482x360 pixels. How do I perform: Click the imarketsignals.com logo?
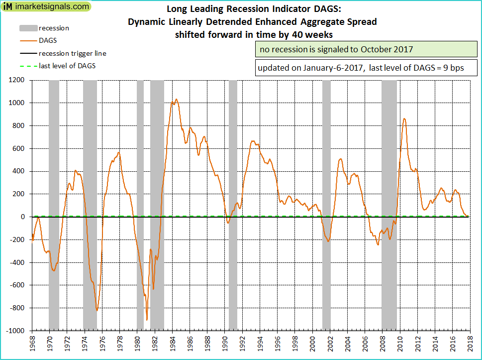pyautogui.click(x=47, y=7)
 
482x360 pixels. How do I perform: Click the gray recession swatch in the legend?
pyautogui.click(x=27, y=28)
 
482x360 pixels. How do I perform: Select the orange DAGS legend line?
pyautogui.click(x=27, y=41)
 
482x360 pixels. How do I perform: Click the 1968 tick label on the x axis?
pyautogui.click(x=32, y=344)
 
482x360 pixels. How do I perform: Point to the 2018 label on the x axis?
pyautogui.click(x=470, y=344)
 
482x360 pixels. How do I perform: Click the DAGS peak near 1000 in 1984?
pyautogui.click(x=176, y=99)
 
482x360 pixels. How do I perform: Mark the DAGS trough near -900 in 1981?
pyautogui.click(x=147, y=320)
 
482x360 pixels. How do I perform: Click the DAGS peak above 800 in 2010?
pyautogui.click(x=404, y=119)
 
